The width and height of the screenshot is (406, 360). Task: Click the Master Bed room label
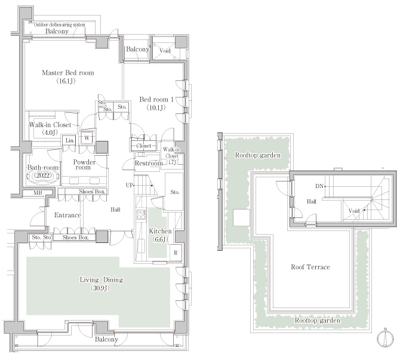click(x=68, y=73)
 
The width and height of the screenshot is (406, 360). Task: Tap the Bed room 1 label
click(x=156, y=100)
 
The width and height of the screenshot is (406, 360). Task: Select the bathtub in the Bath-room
click(x=44, y=176)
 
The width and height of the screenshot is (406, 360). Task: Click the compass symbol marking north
click(x=385, y=338)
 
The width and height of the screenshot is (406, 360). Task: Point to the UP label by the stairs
click(x=129, y=185)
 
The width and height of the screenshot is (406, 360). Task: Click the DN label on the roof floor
click(x=319, y=186)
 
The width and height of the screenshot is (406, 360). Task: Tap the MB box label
click(x=38, y=193)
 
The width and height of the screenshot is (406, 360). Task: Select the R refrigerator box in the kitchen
click(x=176, y=253)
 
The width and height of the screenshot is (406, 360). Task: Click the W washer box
click(x=87, y=138)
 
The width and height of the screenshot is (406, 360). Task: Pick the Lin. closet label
click(x=70, y=140)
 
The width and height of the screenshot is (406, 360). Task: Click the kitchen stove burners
click(x=141, y=215)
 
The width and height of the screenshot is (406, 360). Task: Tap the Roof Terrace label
click(x=310, y=267)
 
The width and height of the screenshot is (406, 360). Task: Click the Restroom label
click(x=149, y=163)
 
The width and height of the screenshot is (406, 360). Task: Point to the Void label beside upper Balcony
click(x=165, y=51)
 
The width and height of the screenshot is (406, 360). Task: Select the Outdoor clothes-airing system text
click(x=59, y=25)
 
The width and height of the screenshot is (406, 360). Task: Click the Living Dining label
click(x=101, y=280)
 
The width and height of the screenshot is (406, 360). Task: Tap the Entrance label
click(x=67, y=215)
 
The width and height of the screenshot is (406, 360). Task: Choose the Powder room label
click(x=84, y=164)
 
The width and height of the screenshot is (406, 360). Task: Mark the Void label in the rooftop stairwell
click(x=353, y=211)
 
